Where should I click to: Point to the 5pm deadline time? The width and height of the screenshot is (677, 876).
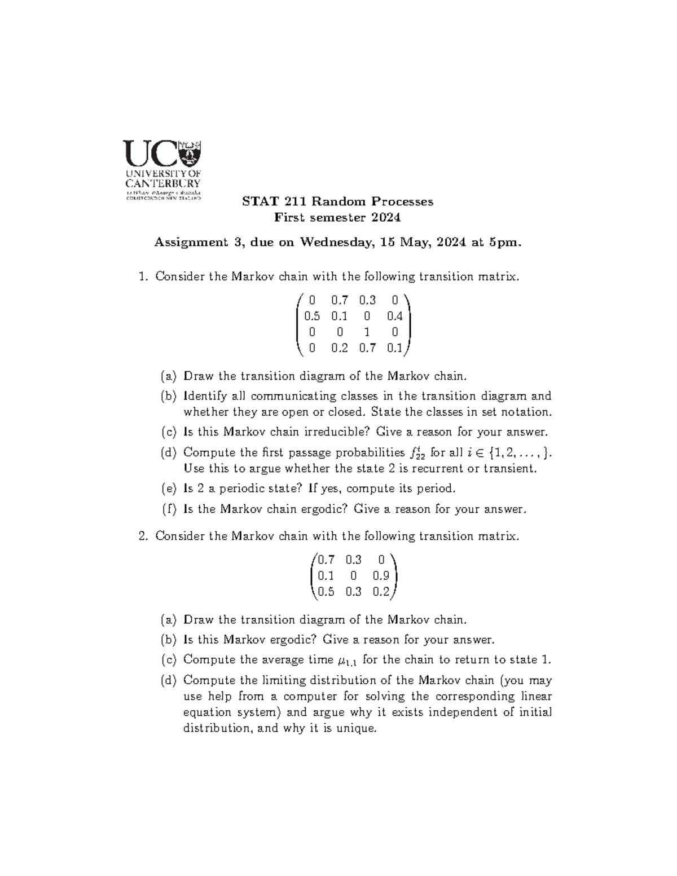tap(505, 243)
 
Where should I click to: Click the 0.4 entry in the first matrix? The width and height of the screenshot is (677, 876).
tap(394, 316)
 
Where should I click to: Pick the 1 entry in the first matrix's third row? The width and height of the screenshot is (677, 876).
tap(367, 332)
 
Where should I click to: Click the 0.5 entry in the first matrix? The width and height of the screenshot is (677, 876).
tap(312, 316)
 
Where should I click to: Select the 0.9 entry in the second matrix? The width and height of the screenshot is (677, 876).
tap(381, 576)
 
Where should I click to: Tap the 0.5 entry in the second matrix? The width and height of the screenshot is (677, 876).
tap(326, 592)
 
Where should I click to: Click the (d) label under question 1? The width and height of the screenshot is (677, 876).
tap(168, 452)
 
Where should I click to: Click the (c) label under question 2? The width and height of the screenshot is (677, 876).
tap(168, 659)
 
